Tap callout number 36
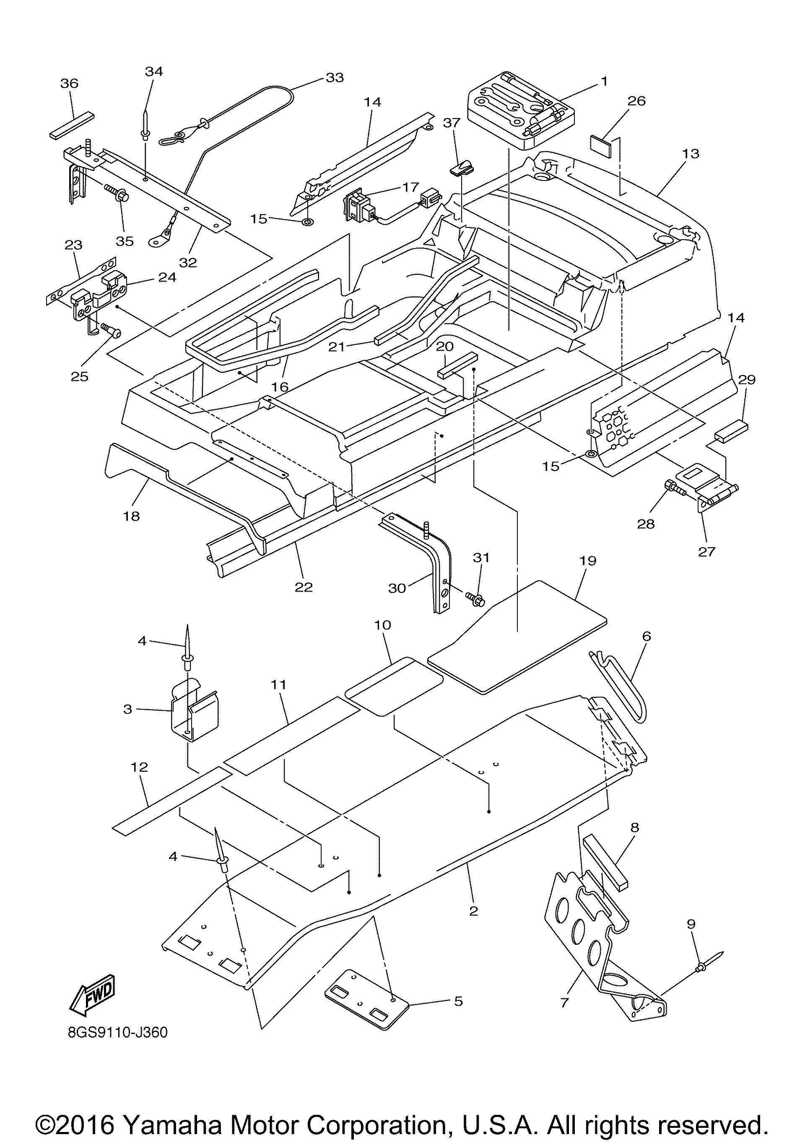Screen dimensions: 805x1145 (x=69, y=83)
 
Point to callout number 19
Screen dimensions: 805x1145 (x=588, y=561)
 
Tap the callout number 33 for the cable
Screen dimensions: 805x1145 (x=335, y=78)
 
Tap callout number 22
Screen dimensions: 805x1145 (x=304, y=587)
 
